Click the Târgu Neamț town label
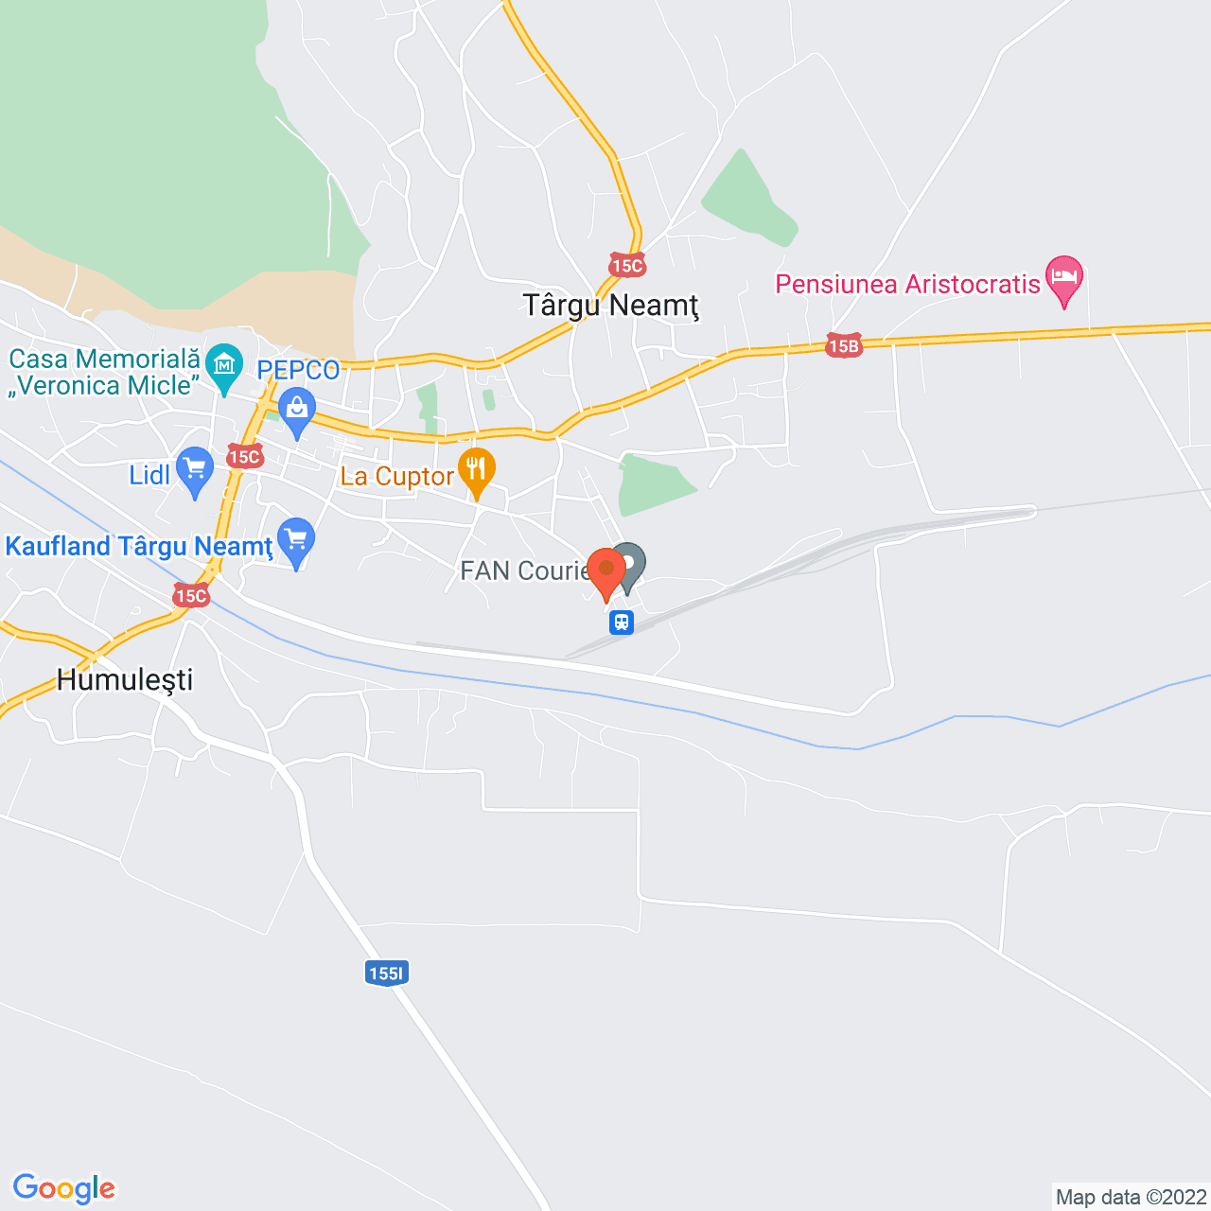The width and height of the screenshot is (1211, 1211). click(610, 306)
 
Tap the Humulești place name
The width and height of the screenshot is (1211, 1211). click(125, 679)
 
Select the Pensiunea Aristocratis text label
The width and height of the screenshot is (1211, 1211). click(907, 284)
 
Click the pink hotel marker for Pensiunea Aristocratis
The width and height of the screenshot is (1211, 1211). click(1064, 278)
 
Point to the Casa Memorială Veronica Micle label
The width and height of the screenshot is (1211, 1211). click(105, 372)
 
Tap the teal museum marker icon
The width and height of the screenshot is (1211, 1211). click(224, 366)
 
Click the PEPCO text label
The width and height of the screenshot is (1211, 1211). click(298, 370)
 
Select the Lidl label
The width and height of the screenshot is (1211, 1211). click(149, 474)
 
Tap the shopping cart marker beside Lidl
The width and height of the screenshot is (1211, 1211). click(195, 469)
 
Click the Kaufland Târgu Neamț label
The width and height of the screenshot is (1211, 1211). click(139, 547)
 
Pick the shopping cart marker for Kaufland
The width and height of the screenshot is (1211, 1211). click(296, 541)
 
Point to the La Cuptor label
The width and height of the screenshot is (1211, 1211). click(397, 476)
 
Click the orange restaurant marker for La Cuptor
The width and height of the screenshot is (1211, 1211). click(476, 470)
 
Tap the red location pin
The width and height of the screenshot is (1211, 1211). click(606, 570)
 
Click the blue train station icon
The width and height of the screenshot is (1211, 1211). click(622, 623)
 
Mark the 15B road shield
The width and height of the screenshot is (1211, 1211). click(843, 346)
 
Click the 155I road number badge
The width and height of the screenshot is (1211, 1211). click(386, 974)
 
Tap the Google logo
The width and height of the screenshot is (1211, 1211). click(64, 1188)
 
